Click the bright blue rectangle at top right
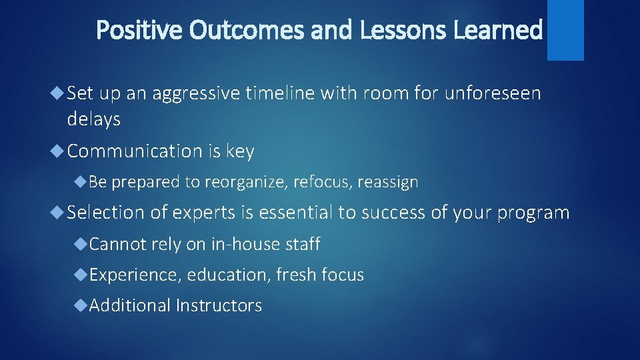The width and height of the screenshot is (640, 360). pos(565,29)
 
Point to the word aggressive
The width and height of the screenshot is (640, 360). pos(195,95)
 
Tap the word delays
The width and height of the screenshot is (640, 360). pos(94,120)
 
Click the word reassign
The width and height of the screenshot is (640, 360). pos(387,182)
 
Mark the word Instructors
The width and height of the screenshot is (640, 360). pos(219,305)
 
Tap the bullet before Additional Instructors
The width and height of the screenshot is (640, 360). pos(81,305)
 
